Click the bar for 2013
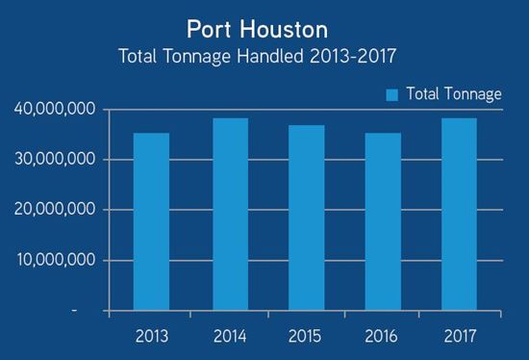(151, 221)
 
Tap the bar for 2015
(305, 219)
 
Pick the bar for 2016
(382, 221)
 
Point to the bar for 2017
(459, 215)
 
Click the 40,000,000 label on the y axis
(55, 110)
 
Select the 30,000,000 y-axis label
(55, 160)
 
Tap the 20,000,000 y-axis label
(55, 210)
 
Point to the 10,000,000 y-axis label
(55, 260)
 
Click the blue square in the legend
(392, 94)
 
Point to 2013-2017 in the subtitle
(352, 56)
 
